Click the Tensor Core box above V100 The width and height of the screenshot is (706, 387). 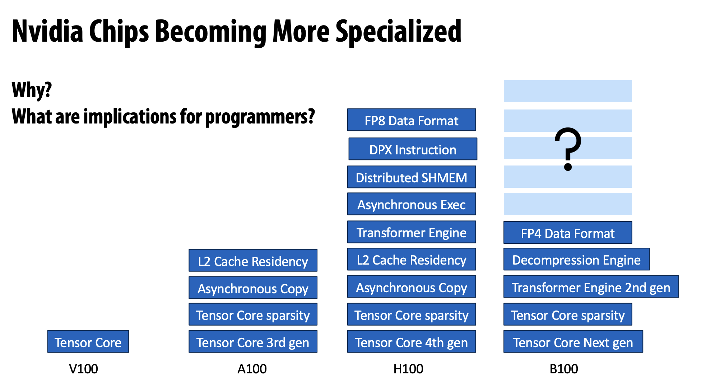pos(88,342)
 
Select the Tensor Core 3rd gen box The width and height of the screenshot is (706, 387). pos(253,342)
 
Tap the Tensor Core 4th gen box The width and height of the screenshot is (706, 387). pos(411,342)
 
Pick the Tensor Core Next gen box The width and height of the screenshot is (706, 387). pos(573,342)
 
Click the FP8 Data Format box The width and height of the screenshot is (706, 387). pos(411,120)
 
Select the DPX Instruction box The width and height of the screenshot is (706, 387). pos(413,149)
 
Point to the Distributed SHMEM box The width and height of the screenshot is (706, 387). pos(411,177)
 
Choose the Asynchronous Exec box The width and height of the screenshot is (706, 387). pos(411,204)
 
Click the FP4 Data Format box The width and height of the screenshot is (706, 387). pos(567,233)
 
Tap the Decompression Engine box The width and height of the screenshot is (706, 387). pos(576,259)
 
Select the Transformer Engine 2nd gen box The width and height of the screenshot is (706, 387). pos(591,287)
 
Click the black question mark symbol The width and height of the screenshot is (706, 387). pos(568,148)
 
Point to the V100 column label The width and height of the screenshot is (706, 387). pos(83,369)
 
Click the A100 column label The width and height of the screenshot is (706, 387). pos(252,369)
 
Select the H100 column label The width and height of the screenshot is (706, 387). pos(408,369)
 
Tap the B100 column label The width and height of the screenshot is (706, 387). pos(564,369)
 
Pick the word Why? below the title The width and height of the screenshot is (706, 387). pos(32,90)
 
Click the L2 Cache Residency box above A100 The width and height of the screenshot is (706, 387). pos(253,261)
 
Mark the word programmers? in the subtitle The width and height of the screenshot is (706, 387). pos(260,117)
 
